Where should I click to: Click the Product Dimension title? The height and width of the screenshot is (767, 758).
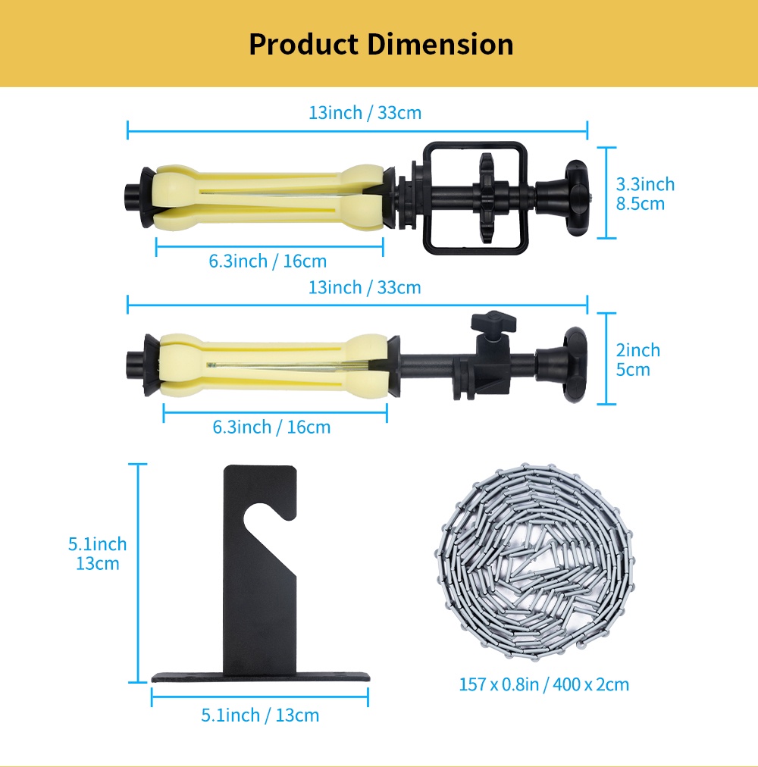coord(381,44)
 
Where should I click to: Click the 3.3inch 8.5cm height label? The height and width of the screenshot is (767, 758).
coord(644,193)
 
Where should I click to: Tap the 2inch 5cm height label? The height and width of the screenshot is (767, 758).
coord(637,359)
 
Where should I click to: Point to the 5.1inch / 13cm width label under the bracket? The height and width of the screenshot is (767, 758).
coord(260,715)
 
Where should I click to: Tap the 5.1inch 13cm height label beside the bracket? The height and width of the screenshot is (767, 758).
coord(97,553)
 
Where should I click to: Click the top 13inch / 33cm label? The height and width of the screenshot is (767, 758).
coord(365,113)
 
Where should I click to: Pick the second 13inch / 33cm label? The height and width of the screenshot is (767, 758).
coord(365,288)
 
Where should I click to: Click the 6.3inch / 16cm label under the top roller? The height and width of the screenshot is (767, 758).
coord(268,261)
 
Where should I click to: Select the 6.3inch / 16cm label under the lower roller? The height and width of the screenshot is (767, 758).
coord(271,427)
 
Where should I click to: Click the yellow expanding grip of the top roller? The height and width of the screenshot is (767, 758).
coord(265,197)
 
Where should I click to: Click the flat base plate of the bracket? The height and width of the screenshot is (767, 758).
coord(259,675)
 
